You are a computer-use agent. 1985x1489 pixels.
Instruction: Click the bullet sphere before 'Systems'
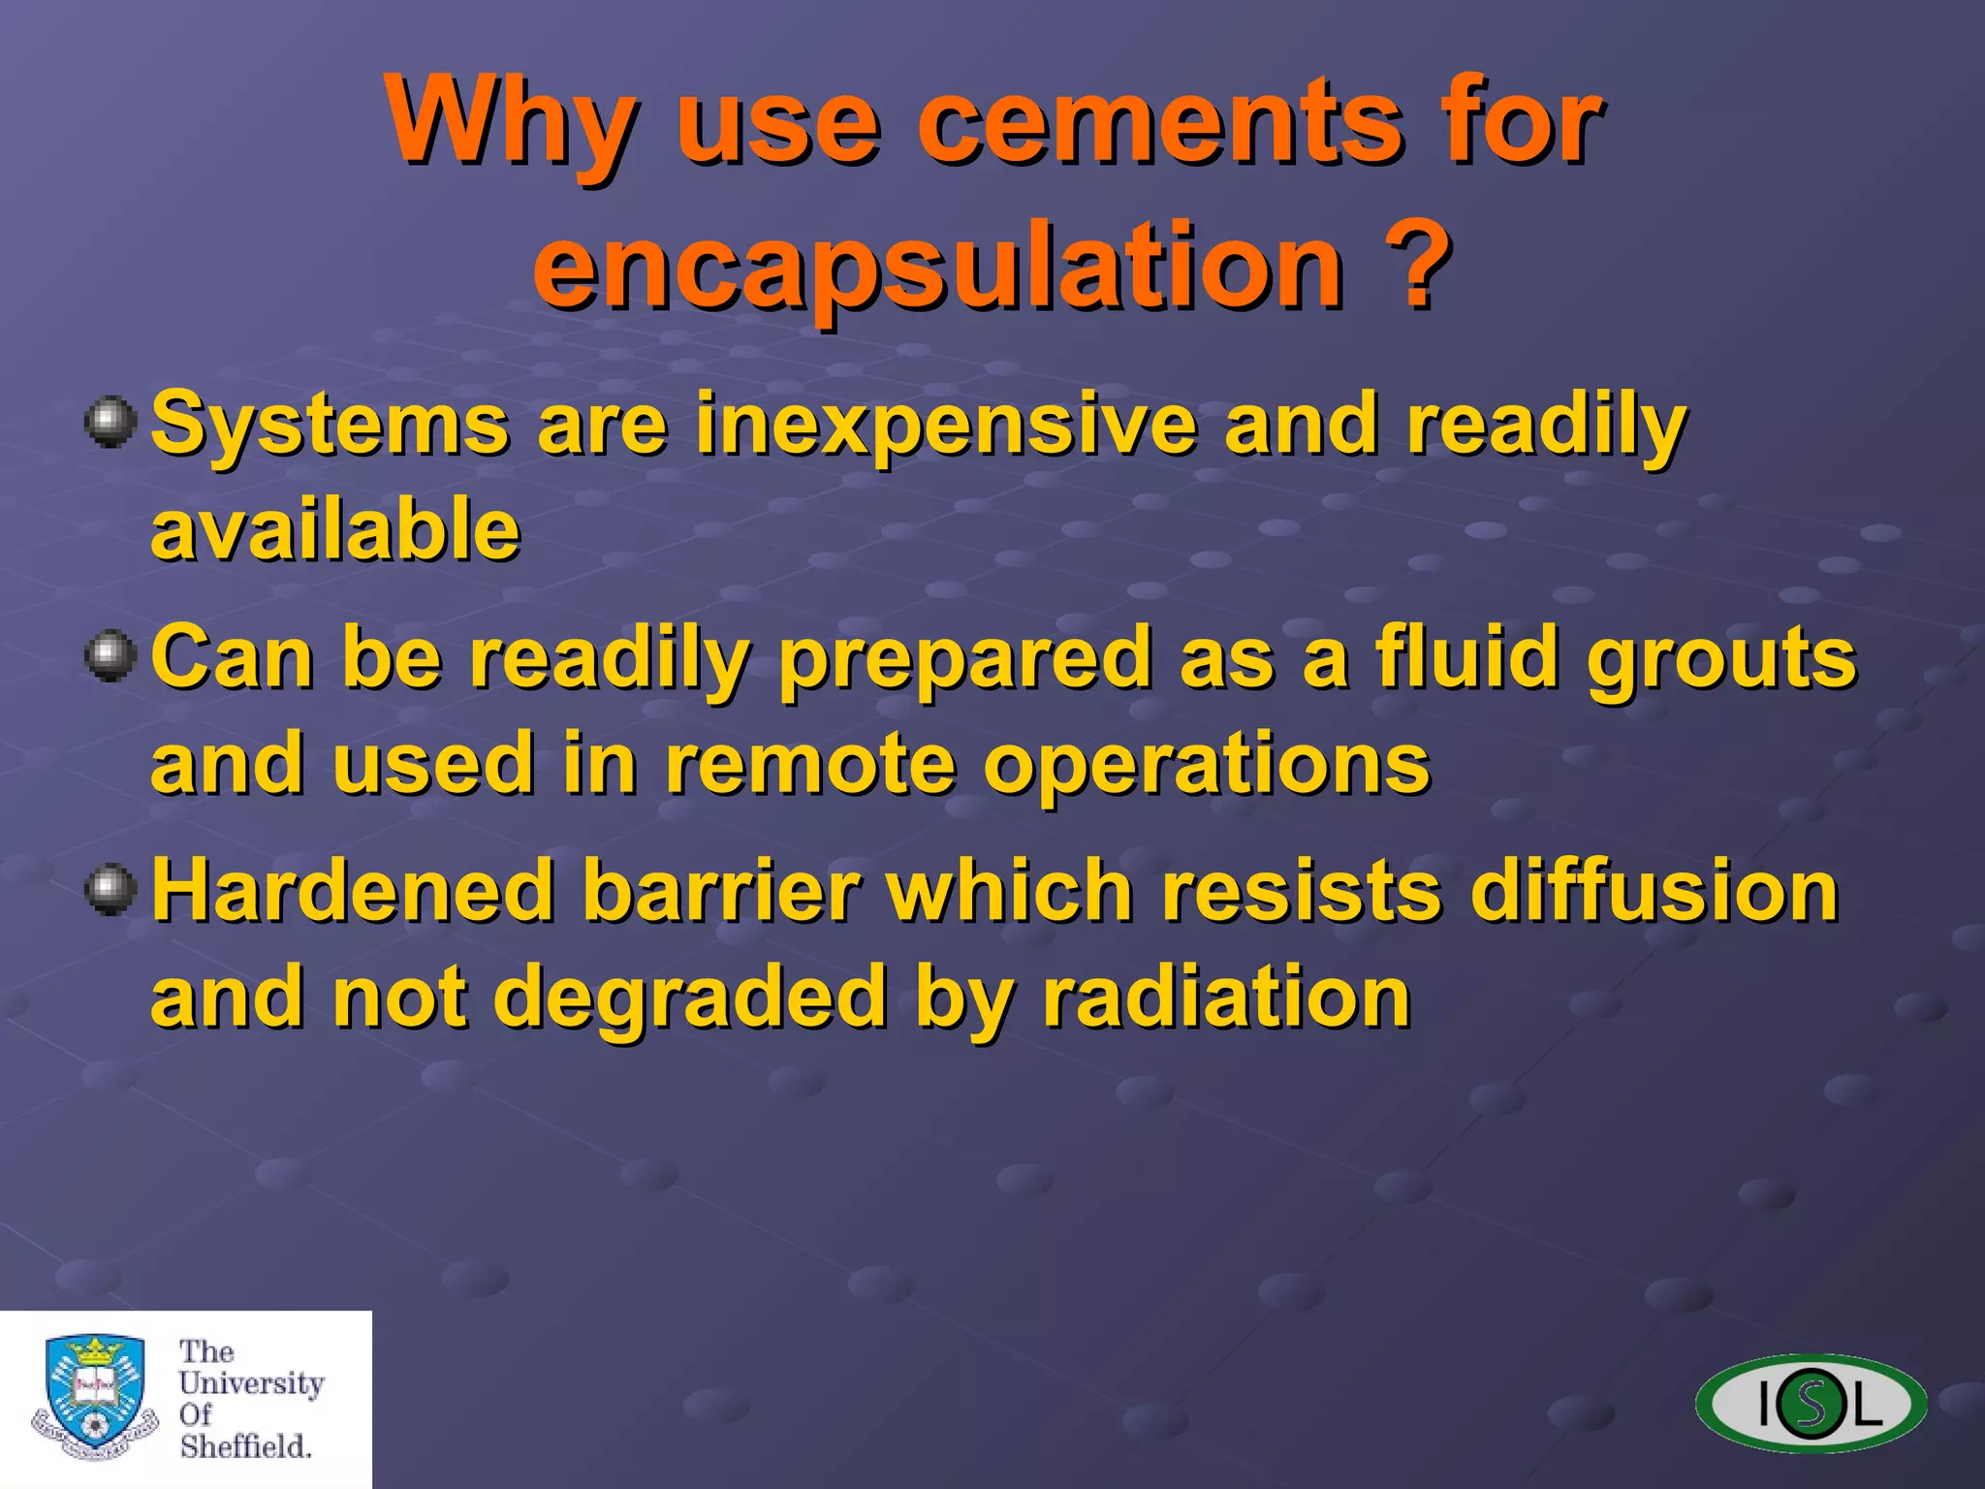coord(110,423)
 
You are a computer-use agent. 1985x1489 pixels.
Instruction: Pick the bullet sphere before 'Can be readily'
coord(110,657)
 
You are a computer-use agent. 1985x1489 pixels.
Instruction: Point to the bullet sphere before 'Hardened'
coord(110,890)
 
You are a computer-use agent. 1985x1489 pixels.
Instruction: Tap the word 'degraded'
coord(690,998)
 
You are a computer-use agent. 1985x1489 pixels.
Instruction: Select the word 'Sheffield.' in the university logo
coord(245,1446)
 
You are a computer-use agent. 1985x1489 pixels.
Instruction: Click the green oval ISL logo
coord(1811,1404)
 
